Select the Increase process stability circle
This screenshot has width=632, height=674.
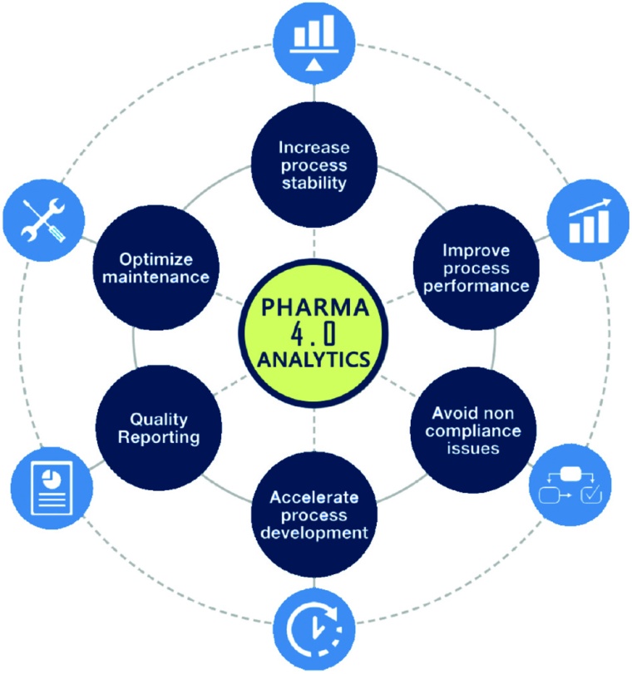click(314, 165)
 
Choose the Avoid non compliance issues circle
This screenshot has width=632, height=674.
click(472, 429)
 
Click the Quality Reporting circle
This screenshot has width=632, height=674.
click(158, 427)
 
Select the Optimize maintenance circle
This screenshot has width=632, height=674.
click(157, 266)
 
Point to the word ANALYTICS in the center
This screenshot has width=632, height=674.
click(314, 359)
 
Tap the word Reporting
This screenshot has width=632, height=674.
click(158, 437)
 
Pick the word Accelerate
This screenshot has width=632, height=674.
click(314, 497)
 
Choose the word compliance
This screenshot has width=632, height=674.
click(471, 431)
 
